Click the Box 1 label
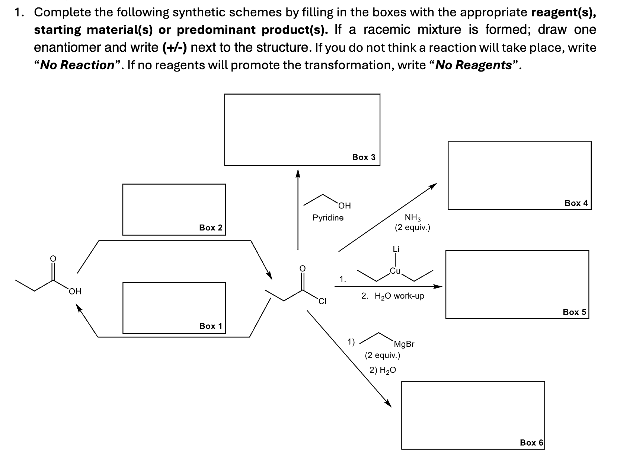[x=211, y=326]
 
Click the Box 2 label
[x=211, y=227]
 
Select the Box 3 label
[x=364, y=157]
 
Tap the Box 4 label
[x=576, y=203]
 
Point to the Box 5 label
[x=574, y=312]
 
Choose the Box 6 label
[x=531, y=442]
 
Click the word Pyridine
[x=328, y=217]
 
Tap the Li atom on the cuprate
[x=396, y=249]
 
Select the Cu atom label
[x=395, y=271]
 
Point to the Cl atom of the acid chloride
[x=322, y=302]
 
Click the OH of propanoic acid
[x=75, y=291]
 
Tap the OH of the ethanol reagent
[x=345, y=206]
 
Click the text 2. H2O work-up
[x=393, y=296]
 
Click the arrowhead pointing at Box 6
[x=389, y=404]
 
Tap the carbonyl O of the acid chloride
[x=302, y=268]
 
